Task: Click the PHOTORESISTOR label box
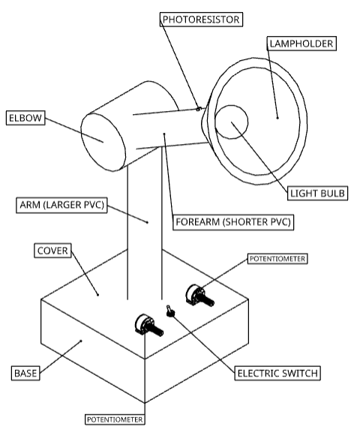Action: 201,20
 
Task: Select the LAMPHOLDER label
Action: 301,44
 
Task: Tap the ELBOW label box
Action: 25,118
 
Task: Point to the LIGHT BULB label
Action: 317,194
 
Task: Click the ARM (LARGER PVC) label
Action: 61,205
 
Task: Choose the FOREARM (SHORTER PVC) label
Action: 233,222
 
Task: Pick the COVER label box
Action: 52,251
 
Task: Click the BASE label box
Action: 25,373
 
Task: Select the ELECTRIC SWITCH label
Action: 277,373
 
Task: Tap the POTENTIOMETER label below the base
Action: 115,419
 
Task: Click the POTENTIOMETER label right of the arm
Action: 277,259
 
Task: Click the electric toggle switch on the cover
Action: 169,311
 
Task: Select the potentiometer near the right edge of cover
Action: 199,296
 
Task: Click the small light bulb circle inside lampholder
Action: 231,122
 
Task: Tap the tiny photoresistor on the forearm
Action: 198,109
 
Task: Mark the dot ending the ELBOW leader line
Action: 103,142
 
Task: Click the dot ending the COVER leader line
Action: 97,295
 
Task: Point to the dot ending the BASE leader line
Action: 81,341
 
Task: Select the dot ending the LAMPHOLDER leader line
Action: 277,118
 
